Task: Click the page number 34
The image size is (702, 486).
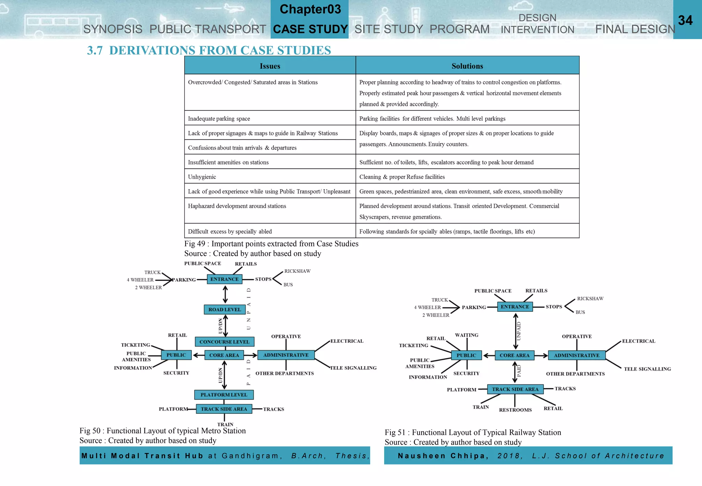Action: [x=685, y=20]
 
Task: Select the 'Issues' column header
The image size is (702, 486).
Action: [x=270, y=66]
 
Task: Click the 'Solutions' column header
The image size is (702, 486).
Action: [x=467, y=66]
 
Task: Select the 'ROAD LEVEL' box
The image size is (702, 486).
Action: [x=225, y=309]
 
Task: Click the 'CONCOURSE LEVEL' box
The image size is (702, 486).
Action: [x=225, y=342]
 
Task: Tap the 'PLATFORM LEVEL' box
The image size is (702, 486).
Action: [x=224, y=395]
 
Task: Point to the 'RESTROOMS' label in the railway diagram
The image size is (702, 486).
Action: [x=515, y=410]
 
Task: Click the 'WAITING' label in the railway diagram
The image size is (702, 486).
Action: [x=467, y=335]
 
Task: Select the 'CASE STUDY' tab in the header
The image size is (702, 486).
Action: [x=310, y=29]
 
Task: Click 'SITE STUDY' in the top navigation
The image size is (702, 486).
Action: [x=388, y=29]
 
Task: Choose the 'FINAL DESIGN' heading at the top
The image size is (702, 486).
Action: [x=635, y=29]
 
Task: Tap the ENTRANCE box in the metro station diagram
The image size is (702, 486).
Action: [x=225, y=279]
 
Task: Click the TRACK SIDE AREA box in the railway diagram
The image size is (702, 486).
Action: [x=515, y=389]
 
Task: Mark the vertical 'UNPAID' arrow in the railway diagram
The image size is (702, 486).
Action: [x=516, y=331]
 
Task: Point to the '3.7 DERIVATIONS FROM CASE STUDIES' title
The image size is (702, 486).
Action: [x=209, y=50]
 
